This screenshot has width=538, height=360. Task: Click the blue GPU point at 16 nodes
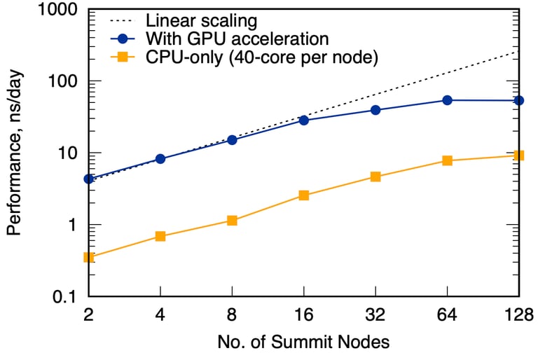click(303, 120)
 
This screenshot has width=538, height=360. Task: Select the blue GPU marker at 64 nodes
click(447, 100)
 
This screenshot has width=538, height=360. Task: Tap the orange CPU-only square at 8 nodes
click(232, 221)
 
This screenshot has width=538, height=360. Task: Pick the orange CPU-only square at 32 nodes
click(375, 176)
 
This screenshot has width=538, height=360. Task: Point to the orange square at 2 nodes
click(89, 257)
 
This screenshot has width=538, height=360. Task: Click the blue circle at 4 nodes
click(160, 159)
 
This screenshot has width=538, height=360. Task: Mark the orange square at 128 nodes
click(518, 155)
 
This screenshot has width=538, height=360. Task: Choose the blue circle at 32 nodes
click(375, 110)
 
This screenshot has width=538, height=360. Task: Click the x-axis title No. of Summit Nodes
click(303, 342)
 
